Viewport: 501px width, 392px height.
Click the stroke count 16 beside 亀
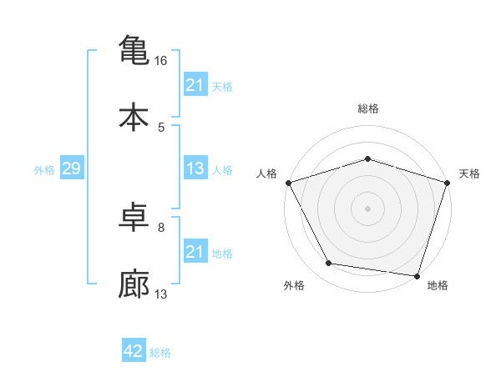[161, 61]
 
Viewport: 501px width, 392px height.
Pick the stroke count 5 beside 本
[161, 127]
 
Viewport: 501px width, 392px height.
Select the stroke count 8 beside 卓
[161, 227]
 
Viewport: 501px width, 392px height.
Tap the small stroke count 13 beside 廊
[161, 294]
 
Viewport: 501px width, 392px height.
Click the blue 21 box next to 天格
[195, 84]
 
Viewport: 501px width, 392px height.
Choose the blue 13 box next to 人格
[195, 168]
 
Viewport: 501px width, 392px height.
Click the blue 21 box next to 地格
[195, 252]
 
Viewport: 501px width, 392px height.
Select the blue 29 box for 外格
[71, 168]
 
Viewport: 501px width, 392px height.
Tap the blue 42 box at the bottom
[134, 351]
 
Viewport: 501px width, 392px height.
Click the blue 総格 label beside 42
[160, 352]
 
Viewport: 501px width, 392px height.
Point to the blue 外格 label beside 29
[44, 169]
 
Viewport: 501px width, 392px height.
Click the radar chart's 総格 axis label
[367, 109]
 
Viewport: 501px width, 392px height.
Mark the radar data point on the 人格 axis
[288, 183]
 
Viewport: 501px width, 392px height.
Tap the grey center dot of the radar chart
[367, 208]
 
